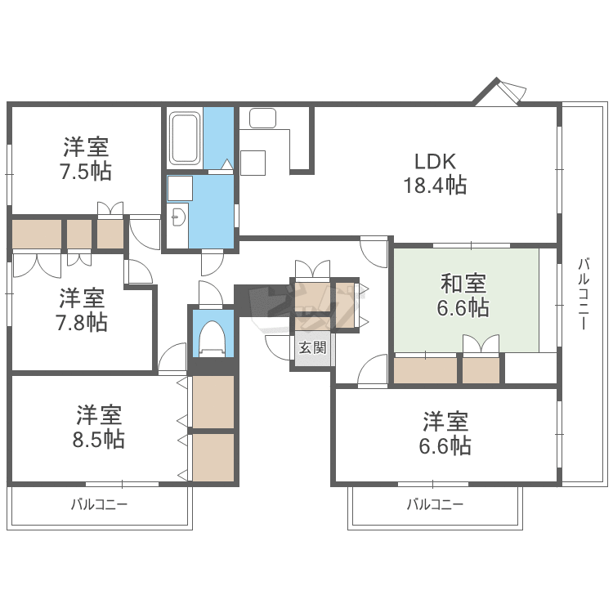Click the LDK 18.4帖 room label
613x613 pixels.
click(434, 172)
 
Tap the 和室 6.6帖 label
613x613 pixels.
click(464, 295)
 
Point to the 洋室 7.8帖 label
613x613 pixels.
click(83, 310)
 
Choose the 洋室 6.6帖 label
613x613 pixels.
click(446, 434)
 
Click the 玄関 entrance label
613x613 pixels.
click(311, 348)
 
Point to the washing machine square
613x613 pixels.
click(179, 188)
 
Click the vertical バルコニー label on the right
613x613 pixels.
click(584, 294)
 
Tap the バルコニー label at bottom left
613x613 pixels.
click(99, 504)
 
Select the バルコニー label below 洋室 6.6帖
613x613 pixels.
click(436, 504)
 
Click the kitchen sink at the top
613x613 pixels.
click(263, 118)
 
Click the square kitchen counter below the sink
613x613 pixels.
click(253, 162)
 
